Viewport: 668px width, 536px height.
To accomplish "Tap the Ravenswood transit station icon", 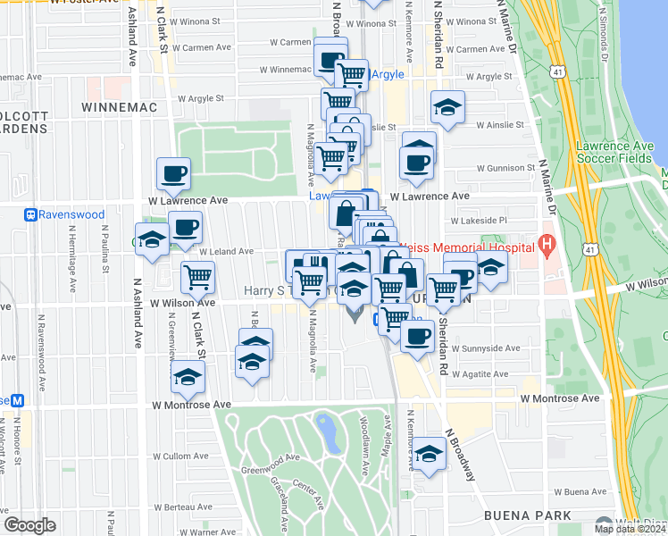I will [x=30, y=214].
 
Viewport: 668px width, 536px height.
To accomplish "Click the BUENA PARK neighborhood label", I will [x=521, y=515].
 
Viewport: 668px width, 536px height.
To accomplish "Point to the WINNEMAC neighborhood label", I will [x=119, y=107].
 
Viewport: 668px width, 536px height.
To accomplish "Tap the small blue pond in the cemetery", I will [x=327, y=432].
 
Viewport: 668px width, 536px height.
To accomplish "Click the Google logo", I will [x=29, y=525].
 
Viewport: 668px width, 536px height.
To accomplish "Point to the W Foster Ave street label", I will [x=86, y=2].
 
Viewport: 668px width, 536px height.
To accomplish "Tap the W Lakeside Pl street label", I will [x=479, y=220].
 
